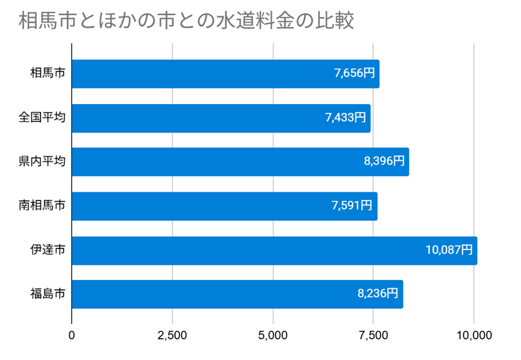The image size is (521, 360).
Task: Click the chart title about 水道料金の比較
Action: pos(186,21)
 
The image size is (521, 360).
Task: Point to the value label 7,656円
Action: pos(354,74)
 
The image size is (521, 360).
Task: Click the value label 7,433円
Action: pos(346,118)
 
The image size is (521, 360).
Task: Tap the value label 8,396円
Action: pos(384,162)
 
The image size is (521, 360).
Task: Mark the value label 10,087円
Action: pos(449,250)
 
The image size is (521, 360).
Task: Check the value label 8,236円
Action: pos(378,294)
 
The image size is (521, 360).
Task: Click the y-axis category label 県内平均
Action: pos(42,162)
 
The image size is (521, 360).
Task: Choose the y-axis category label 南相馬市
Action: pos(42,206)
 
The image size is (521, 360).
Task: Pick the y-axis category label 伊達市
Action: pos(47,250)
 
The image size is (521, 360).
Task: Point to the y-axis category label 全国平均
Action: pos(42,118)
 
